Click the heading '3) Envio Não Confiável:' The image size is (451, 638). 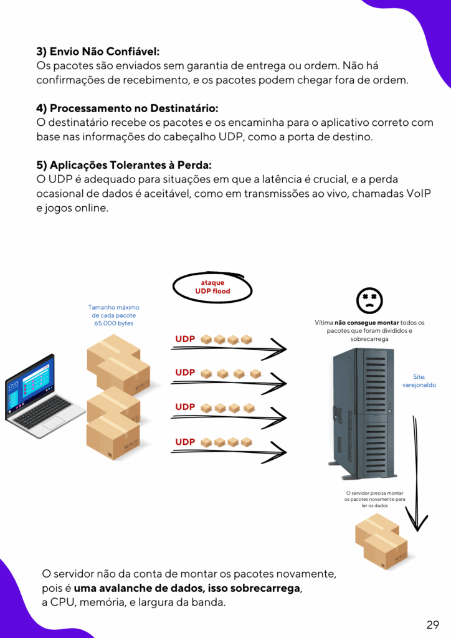[x=98, y=52]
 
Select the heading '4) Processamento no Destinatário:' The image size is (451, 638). [x=127, y=108]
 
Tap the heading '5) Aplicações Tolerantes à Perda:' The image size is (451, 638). [x=124, y=165]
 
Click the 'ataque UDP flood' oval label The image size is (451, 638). [x=212, y=287]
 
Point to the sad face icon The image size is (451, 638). [x=369, y=300]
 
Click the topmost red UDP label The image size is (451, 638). [x=185, y=339]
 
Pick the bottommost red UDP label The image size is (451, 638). [x=185, y=442]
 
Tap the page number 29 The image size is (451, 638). [x=433, y=624]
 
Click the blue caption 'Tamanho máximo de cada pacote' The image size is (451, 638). [x=113, y=312]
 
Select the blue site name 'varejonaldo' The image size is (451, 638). [x=419, y=385]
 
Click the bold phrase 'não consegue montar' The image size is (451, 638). [x=366, y=323]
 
